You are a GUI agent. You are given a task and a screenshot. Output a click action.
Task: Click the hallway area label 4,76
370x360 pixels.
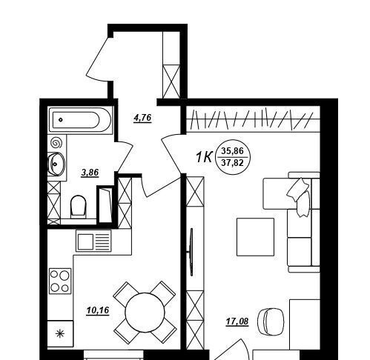(x=142, y=119)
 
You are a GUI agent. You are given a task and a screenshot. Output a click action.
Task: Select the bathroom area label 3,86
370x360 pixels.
(x=90, y=173)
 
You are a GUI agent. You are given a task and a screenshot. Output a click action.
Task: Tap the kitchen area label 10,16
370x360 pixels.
(x=98, y=310)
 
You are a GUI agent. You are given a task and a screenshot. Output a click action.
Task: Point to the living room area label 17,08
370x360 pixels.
(x=237, y=321)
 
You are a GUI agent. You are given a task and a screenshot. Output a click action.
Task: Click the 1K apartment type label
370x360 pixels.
(x=204, y=157)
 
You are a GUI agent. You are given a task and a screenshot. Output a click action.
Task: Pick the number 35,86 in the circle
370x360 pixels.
(x=232, y=150)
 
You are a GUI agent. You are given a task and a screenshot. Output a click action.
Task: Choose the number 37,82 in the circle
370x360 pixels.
(x=232, y=163)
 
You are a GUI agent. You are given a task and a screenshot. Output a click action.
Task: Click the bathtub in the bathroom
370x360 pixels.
(x=80, y=120)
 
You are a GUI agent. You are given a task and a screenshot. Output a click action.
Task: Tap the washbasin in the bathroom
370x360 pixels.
(x=56, y=164)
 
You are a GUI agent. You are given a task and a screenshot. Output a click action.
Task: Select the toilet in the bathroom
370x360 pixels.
(x=79, y=207)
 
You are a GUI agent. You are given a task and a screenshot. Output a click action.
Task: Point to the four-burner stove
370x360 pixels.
(x=60, y=281)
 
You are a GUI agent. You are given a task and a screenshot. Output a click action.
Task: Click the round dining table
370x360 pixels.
(x=145, y=313)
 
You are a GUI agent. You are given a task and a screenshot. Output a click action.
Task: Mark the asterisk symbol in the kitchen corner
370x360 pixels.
(x=59, y=334)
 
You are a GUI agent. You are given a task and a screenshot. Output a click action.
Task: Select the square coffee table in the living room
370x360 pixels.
(x=255, y=237)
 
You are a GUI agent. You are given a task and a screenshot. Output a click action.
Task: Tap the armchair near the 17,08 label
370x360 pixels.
(x=271, y=320)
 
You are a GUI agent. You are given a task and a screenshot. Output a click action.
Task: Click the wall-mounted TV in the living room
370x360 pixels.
(x=191, y=252)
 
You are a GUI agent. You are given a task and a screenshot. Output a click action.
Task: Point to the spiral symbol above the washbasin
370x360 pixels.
(x=56, y=143)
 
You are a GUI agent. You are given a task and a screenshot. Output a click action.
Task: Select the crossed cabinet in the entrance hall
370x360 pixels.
(x=171, y=81)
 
